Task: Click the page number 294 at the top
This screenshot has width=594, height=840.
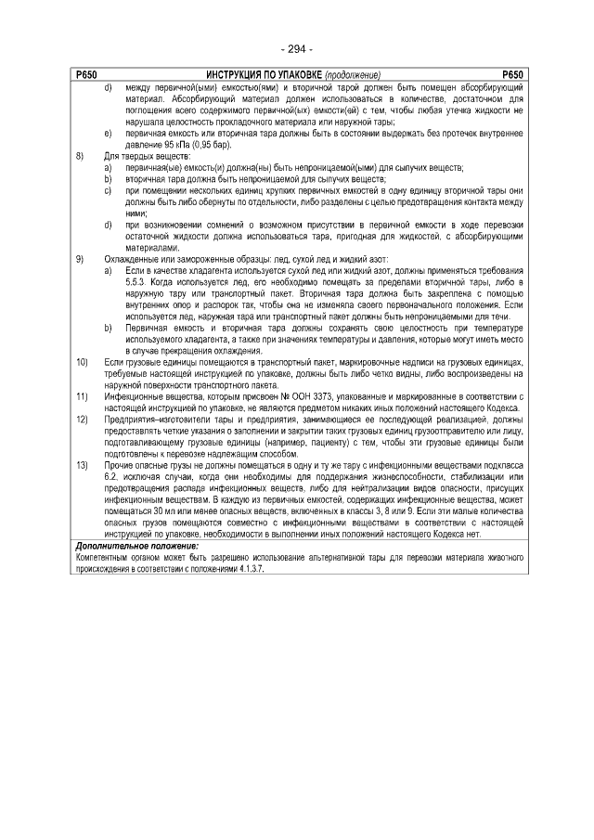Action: [296, 48]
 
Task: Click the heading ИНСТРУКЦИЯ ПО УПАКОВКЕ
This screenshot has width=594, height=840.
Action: [262, 74]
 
